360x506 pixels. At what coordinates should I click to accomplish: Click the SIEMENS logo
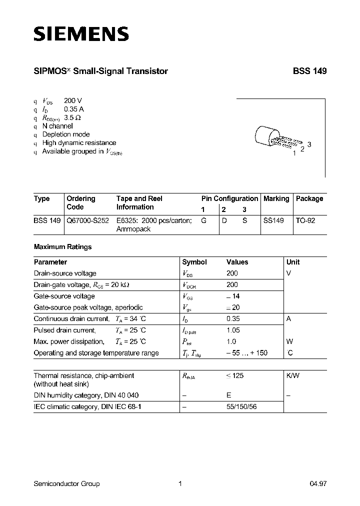click(81, 33)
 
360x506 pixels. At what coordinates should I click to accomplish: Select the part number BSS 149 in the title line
click(309, 71)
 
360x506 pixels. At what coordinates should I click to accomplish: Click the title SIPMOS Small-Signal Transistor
click(100, 71)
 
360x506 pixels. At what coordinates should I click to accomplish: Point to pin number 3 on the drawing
click(309, 144)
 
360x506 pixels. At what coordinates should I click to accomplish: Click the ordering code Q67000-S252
click(88, 220)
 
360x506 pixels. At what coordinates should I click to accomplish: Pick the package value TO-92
click(305, 220)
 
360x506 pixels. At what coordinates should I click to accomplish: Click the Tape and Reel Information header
click(139, 202)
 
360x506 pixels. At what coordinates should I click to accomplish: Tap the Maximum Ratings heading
click(62, 247)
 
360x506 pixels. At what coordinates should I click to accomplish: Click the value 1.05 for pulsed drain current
click(233, 330)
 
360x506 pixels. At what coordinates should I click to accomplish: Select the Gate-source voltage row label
click(64, 296)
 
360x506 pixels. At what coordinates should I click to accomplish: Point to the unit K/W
click(292, 375)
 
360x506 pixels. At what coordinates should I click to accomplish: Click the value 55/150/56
click(242, 407)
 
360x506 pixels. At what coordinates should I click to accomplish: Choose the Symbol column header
click(194, 262)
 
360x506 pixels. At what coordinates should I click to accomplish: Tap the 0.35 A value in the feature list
click(74, 109)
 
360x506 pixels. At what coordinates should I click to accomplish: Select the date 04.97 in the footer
click(318, 483)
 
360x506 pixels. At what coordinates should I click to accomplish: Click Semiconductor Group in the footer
click(66, 483)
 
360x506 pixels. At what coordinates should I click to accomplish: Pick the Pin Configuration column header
click(229, 198)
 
